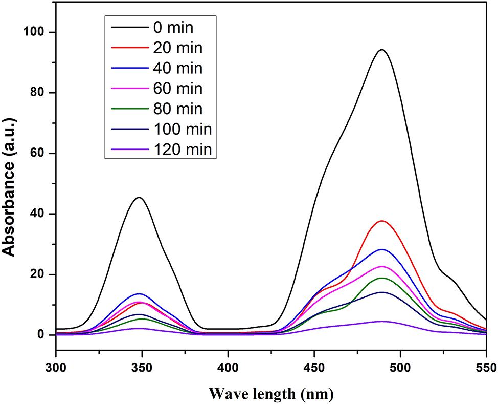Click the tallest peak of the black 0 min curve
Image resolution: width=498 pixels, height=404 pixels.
[381, 50]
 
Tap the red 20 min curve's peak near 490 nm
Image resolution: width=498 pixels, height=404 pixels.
[381, 221]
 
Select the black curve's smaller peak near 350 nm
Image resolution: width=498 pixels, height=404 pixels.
[139, 197]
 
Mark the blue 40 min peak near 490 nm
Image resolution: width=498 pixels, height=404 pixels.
[381, 249]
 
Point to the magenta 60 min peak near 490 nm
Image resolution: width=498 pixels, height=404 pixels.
[381, 266]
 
